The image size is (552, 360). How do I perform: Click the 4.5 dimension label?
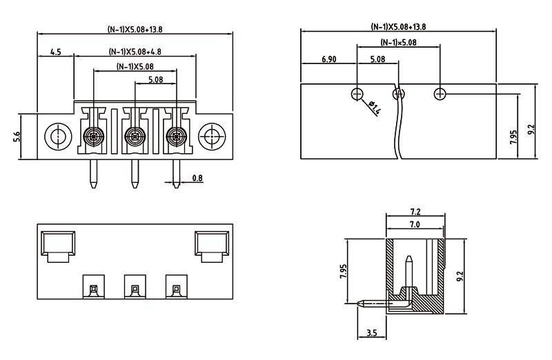(56, 52)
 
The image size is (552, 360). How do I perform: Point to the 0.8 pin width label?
(197, 179)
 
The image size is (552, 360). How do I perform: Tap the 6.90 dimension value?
(328, 60)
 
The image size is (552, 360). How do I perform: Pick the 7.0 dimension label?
(415, 226)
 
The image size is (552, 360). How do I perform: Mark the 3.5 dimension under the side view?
(372, 334)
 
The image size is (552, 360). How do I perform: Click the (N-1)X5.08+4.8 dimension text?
(135, 52)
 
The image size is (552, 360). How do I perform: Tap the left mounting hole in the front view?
(56, 136)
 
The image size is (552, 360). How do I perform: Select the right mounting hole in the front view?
(210, 136)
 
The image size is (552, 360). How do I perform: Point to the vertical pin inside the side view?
(408, 276)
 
